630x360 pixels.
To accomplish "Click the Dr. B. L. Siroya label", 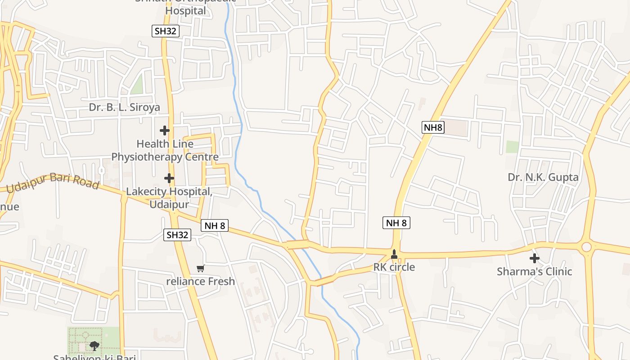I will pos(125,108).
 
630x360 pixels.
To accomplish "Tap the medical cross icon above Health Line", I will pos(165,130).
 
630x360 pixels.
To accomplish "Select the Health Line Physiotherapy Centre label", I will pos(165,150).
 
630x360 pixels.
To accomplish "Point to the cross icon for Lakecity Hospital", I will pos(169,178).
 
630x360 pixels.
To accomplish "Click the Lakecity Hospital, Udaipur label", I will pos(169,198).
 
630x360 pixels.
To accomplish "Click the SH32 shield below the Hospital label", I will pos(165,31).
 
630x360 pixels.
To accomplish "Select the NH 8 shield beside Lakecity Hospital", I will pos(215,225).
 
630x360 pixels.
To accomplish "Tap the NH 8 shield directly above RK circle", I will pos(396,222).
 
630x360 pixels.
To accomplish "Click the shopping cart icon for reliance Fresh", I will pos(201,268).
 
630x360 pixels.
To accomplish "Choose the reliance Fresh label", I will pos(201,281).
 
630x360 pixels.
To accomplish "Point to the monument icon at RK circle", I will pos(395,255).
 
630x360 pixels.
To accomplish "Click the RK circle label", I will pos(394,267).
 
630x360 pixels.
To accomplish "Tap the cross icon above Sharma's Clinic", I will pos(535,258).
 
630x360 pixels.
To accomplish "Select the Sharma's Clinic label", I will pos(535,271).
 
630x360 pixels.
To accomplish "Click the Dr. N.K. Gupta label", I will pos(543,177).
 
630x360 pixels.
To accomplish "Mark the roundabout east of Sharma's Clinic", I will pos(586,247).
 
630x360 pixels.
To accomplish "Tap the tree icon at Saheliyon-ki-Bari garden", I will pos(94,346).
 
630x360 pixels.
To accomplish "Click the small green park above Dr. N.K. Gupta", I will pos(512,147).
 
